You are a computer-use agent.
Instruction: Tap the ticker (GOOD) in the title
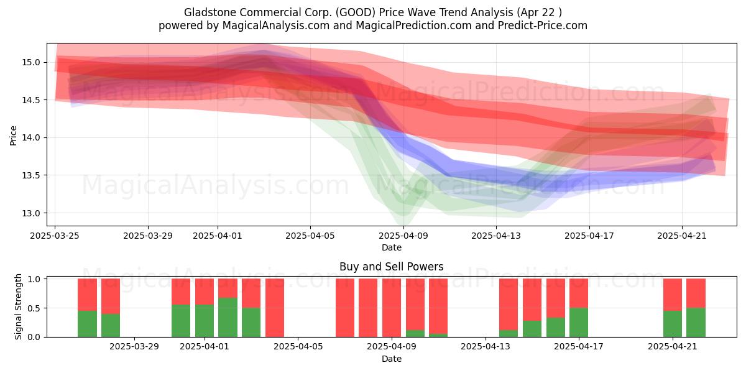(356, 12)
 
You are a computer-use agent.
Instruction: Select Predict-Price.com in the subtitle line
(543, 25)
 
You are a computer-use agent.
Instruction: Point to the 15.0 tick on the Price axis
(31, 62)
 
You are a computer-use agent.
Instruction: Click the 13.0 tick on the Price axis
(31, 213)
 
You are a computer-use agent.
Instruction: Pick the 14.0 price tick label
(31, 137)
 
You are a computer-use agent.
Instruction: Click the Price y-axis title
(13, 136)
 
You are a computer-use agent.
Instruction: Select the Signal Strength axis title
(18, 306)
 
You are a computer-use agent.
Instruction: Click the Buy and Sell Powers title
(391, 267)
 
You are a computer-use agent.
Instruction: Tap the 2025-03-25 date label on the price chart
(55, 236)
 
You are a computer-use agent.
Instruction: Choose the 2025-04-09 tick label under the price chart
(403, 236)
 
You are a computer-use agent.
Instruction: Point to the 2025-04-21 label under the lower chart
(673, 347)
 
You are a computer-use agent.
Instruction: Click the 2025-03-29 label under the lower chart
(134, 347)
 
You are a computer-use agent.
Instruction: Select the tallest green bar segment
(228, 318)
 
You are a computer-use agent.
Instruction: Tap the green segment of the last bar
(696, 323)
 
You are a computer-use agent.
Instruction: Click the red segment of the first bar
(87, 295)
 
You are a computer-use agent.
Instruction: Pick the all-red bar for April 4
(275, 308)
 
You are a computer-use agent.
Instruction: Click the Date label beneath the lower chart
(391, 359)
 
